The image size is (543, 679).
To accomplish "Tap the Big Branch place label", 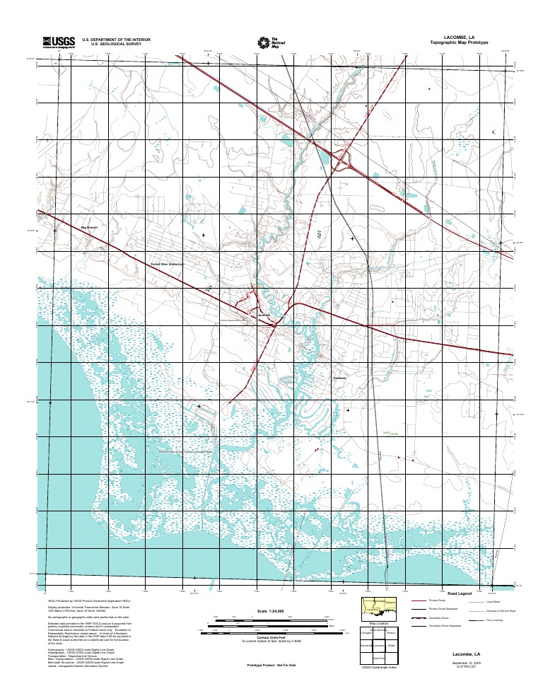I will pyautogui.click(x=90, y=227).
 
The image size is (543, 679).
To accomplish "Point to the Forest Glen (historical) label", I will pyautogui.click(x=168, y=264).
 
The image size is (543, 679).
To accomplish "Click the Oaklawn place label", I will pyautogui.click(x=341, y=379).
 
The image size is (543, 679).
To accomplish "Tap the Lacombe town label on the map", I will pyautogui.click(x=264, y=314).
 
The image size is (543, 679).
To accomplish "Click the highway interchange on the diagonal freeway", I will pyautogui.click(x=345, y=162).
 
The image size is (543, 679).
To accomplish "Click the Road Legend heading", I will pyautogui.click(x=460, y=593).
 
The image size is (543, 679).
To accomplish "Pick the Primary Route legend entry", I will pyautogui.click(x=437, y=600).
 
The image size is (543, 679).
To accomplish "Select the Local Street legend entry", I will pyautogui.click(x=493, y=600).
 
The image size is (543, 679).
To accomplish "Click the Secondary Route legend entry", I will pyautogui.click(x=439, y=617).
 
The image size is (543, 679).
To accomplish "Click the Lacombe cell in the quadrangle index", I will pyautogui.click(x=379, y=646).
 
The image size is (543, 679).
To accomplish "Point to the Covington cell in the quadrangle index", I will pyautogui.click(x=366, y=633).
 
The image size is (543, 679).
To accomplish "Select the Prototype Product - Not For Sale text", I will pyautogui.click(x=271, y=666).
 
